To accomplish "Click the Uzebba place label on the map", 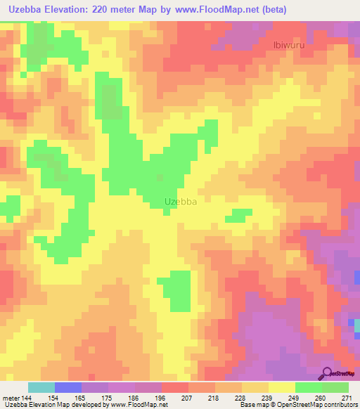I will tap(179, 202).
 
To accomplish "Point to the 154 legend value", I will tap(55, 398).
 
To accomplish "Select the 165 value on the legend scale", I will tap(82, 398).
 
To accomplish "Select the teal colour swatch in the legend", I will tap(41, 387).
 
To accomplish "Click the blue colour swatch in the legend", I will tap(68, 387).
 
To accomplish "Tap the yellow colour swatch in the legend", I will tap(282, 387).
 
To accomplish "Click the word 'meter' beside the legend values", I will tap(12, 398).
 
